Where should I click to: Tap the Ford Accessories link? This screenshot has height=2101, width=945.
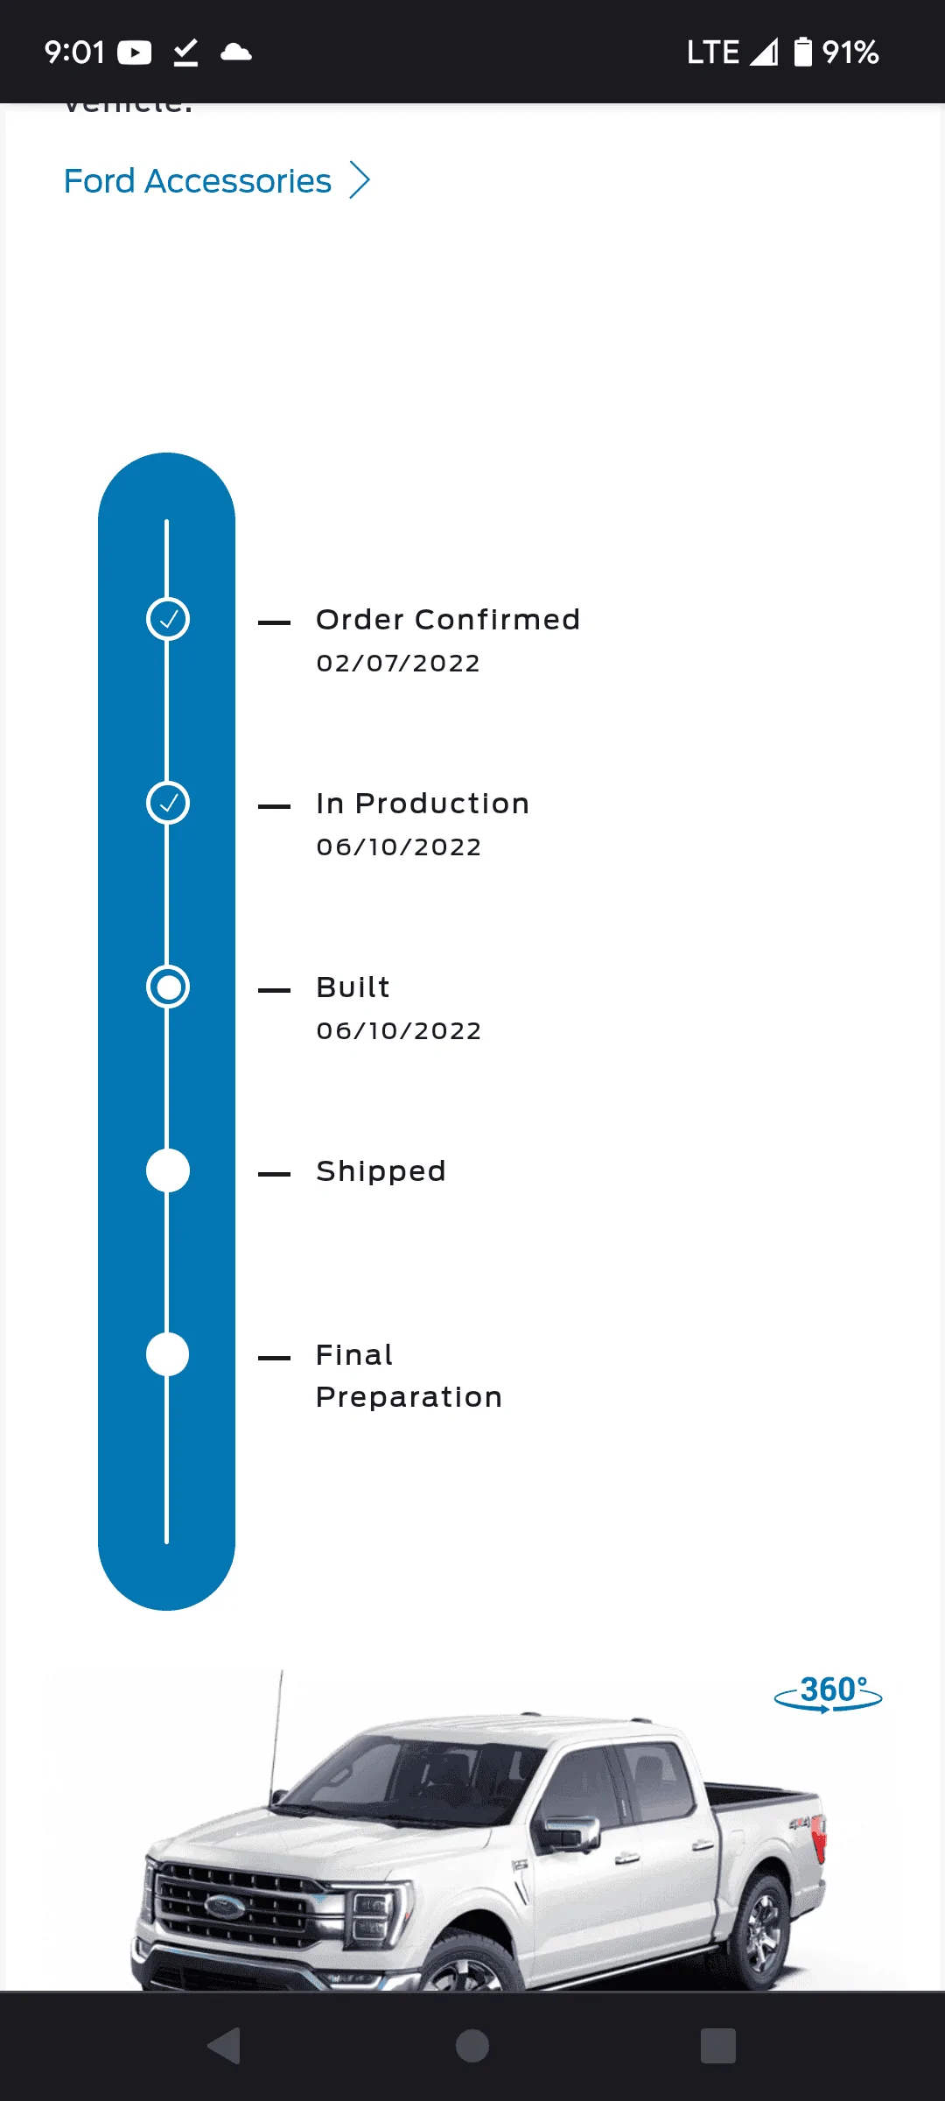click(199, 181)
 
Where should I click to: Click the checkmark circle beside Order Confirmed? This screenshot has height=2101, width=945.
click(168, 620)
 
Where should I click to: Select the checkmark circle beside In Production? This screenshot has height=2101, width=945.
click(168, 804)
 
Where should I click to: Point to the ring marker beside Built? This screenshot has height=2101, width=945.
click(168, 987)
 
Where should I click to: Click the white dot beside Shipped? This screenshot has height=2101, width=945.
click(168, 1171)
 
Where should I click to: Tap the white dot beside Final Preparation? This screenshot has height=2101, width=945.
click(168, 1355)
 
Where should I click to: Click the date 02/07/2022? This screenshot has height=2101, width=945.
click(398, 664)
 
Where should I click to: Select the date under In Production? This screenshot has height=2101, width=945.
click(399, 847)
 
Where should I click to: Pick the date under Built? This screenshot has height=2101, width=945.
click(399, 1031)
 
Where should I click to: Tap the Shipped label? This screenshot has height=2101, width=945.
click(381, 1171)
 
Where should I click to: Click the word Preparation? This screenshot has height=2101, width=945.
click(409, 1397)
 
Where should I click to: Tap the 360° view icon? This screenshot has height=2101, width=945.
click(829, 1693)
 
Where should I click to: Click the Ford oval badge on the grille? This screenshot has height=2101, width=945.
click(225, 1906)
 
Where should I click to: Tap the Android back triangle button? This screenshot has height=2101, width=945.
click(225, 2046)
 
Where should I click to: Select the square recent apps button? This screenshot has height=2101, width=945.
click(717, 2046)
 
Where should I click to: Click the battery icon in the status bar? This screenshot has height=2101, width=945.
click(802, 53)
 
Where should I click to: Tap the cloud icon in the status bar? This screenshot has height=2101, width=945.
click(236, 53)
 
